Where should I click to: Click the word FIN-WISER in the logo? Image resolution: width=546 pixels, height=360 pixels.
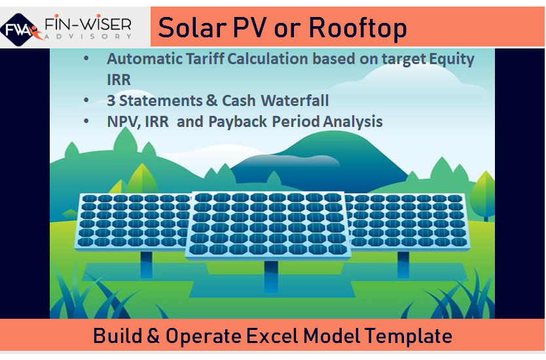pos(87,25)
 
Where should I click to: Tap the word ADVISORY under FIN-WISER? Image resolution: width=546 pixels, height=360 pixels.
pos(88,38)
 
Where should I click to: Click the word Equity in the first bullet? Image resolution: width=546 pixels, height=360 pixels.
pos(447,59)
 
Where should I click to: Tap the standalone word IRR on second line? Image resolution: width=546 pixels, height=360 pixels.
pos(119,79)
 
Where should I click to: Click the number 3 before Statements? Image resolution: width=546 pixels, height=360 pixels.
pos(111,101)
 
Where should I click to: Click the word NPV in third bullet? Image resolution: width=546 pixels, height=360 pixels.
pos(122,122)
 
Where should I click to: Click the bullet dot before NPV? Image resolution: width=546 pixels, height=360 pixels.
pos(86,122)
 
